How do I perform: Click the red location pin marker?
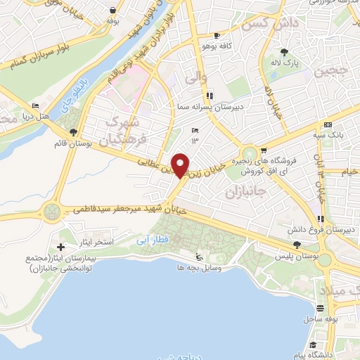tap(181, 165)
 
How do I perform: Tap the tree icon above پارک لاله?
tap(284, 52)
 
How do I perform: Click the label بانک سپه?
tap(328, 134)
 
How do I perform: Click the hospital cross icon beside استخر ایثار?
tap(61, 247)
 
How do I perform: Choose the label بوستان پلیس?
tap(294, 257)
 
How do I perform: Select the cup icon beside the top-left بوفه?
tap(112, 11)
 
